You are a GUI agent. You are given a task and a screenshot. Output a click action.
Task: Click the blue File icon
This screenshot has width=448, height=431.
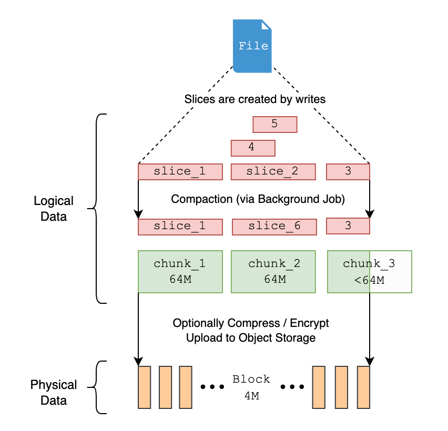pos(253,46)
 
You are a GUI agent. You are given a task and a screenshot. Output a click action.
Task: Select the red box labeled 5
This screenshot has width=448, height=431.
pos(274,125)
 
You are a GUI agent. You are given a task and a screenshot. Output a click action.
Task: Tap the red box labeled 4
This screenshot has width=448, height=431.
pos(253,148)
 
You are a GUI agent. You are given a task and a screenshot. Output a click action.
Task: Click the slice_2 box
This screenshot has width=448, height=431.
pos(273,172)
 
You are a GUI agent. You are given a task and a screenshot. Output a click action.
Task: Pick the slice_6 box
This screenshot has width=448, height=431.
pos(274,227)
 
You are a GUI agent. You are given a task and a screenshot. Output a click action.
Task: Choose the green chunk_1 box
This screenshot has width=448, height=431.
pos(180,271)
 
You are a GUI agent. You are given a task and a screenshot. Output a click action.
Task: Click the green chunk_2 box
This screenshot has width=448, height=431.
pos(273,271)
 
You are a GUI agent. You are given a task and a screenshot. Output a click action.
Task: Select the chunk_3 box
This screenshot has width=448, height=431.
pos(369,271)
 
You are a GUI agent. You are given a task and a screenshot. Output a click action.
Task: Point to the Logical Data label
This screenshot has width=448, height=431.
pos(54,209)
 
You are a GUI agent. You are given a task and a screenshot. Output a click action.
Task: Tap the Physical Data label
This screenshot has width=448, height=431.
pos(54,392)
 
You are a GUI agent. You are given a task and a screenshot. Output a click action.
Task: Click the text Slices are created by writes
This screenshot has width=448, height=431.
pos(254,99)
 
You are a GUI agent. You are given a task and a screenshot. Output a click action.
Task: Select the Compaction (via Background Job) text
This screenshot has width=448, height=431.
pos(258,200)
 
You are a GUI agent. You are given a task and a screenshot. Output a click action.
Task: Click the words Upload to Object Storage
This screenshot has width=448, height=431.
pos(251,338)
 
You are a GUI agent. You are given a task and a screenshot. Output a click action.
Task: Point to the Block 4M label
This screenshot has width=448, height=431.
pos(251,387)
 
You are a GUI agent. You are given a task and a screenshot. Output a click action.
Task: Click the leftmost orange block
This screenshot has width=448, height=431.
pos(144,387)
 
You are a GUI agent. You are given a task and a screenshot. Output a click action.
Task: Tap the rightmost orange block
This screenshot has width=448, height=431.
pos(364,387)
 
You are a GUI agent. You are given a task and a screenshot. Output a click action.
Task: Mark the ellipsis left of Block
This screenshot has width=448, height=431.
pos(212,387)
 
